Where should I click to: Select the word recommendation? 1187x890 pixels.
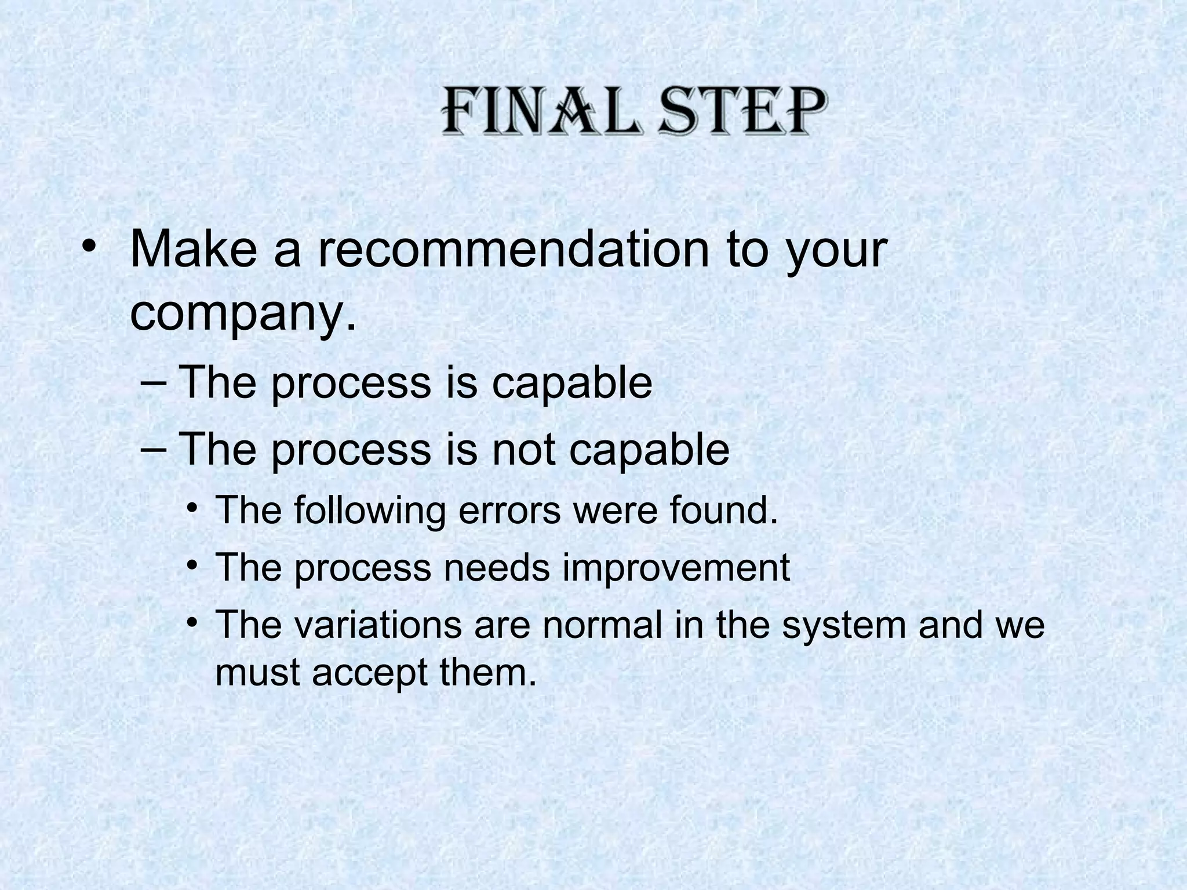514,250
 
